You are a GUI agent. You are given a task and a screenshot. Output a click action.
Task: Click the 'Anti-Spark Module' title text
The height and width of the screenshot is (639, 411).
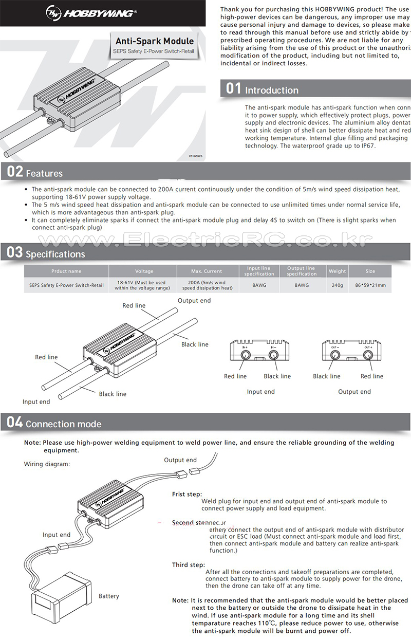[x=154, y=41]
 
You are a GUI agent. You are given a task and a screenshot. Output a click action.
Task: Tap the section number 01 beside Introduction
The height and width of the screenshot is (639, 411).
[x=233, y=88]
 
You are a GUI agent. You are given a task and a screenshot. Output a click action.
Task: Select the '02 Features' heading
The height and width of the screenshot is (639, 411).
[x=35, y=172]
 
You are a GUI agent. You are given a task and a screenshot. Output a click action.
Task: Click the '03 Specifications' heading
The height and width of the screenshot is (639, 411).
[x=46, y=253]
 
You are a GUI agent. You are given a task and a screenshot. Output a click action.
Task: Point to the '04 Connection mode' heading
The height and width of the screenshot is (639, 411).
[x=54, y=423]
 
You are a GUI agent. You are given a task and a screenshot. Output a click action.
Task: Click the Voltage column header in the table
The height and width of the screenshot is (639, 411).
[x=144, y=271]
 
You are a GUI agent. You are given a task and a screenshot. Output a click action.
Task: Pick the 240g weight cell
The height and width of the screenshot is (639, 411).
[x=337, y=285]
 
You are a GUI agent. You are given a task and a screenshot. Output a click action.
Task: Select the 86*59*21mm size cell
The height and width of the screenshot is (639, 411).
[x=370, y=285]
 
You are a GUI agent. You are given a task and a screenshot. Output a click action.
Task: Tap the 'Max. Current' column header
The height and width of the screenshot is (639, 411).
[x=206, y=271]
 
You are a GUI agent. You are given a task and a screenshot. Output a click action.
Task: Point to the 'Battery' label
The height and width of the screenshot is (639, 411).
[x=109, y=596]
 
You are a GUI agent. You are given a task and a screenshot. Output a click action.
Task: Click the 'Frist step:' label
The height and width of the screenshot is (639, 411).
[x=187, y=494]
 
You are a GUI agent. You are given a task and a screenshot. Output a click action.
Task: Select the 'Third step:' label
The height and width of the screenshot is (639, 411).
[x=188, y=565]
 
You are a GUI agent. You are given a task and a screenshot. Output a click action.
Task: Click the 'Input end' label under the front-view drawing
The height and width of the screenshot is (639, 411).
[x=260, y=392]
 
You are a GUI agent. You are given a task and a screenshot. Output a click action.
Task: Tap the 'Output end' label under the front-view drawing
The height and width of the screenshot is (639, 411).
[x=354, y=392]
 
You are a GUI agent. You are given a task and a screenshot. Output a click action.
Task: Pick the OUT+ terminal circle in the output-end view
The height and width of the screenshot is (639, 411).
[x=368, y=355]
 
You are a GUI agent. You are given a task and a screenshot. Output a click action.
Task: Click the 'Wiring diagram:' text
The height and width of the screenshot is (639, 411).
[x=47, y=464]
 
